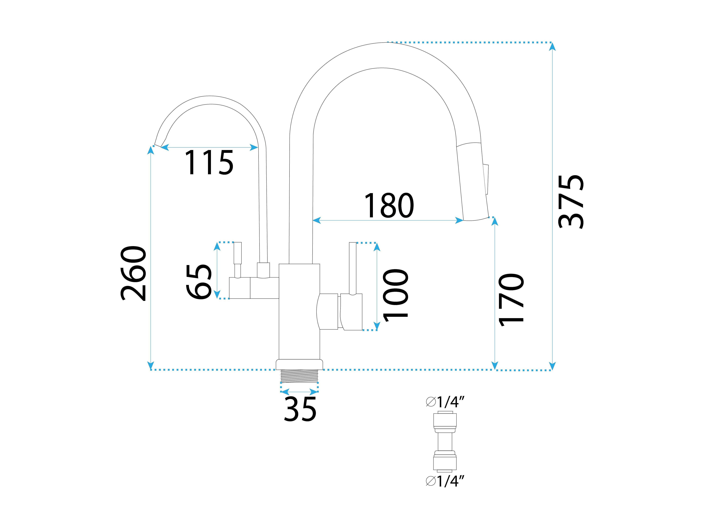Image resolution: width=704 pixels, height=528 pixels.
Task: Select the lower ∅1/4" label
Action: pyautogui.click(x=446, y=482)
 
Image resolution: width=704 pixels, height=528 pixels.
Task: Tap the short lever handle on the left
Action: pyautogui.click(x=237, y=258)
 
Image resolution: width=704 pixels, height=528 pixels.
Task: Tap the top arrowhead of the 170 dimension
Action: pyautogui.click(x=495, y=222)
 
